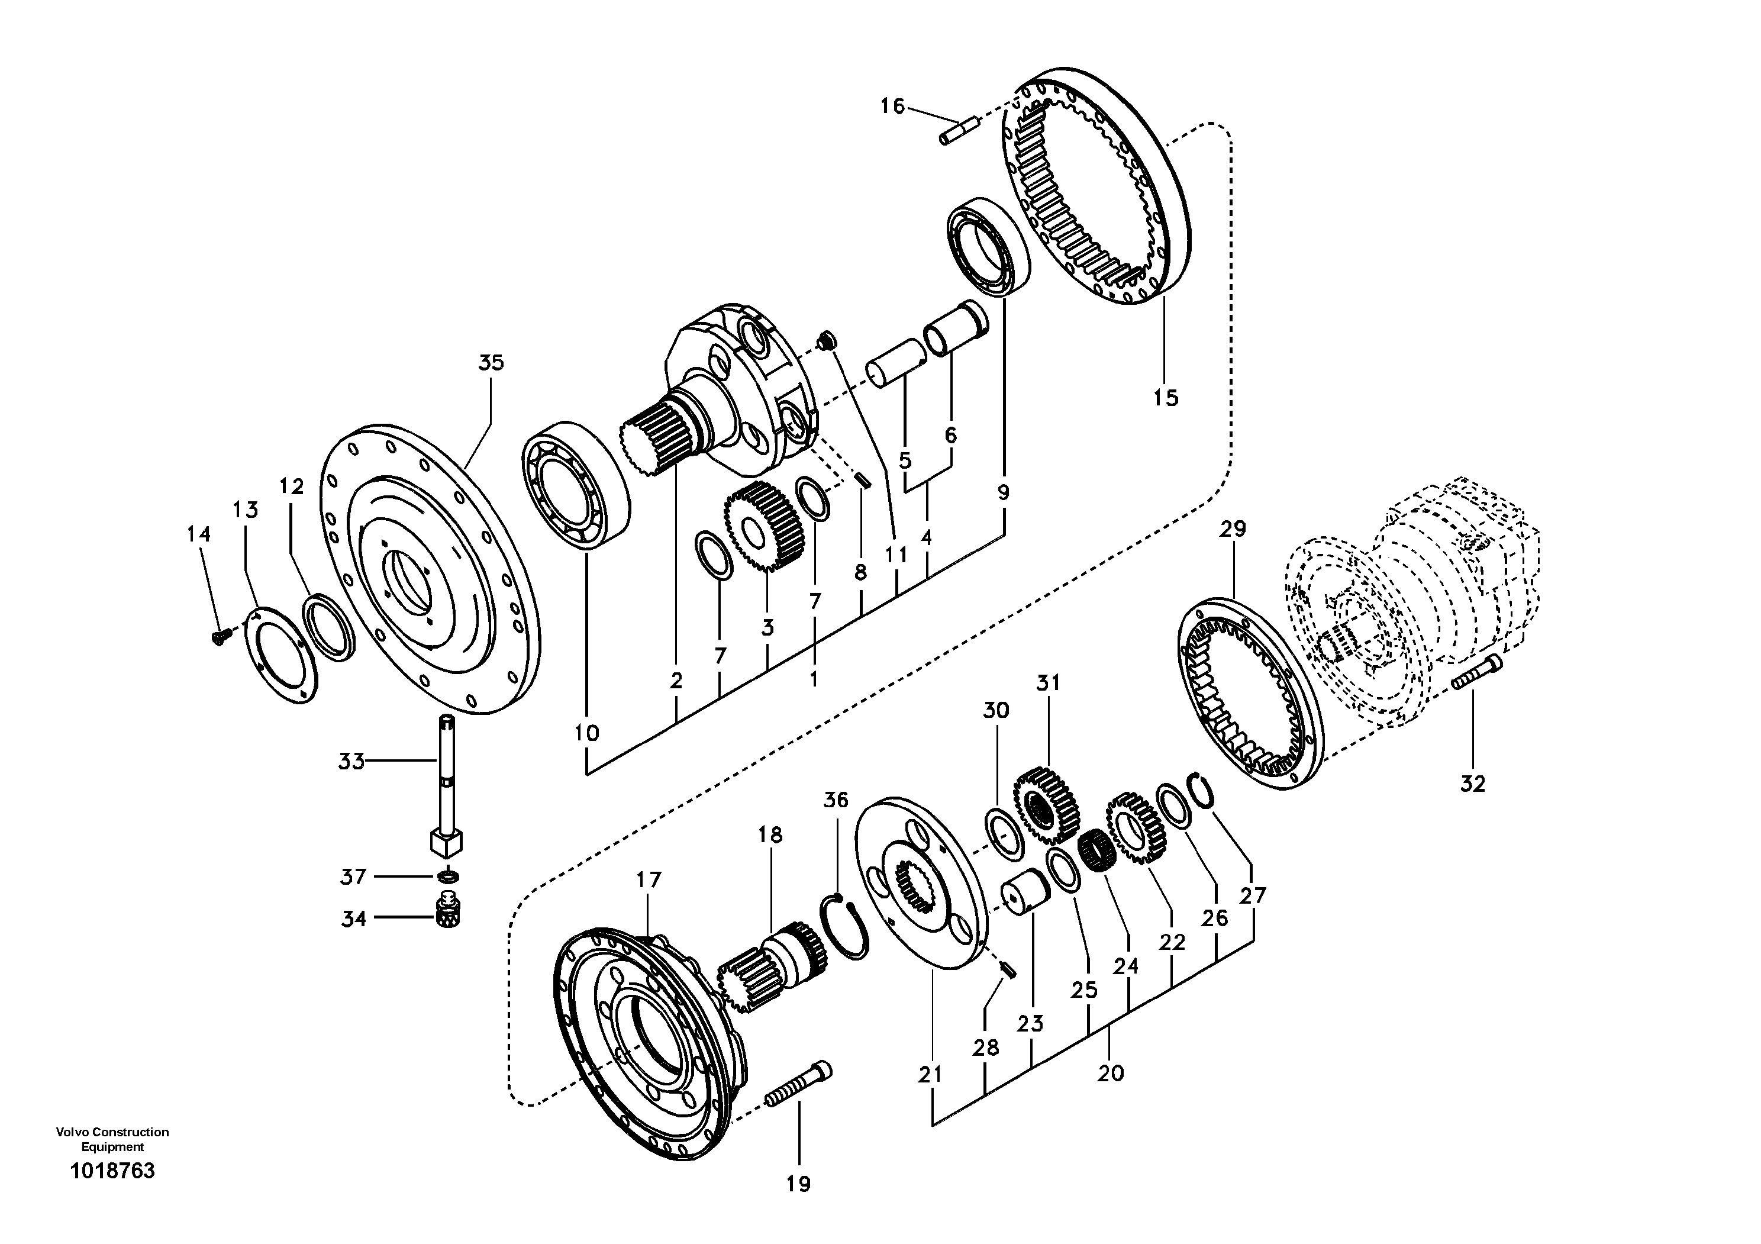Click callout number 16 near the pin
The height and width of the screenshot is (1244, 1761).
[x=892, y=106]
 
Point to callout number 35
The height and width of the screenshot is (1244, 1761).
[x=491, y=363]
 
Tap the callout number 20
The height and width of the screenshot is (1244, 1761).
[x=1110, y=1073]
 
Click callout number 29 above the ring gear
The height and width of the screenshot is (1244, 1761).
[x=1233, y=528]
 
